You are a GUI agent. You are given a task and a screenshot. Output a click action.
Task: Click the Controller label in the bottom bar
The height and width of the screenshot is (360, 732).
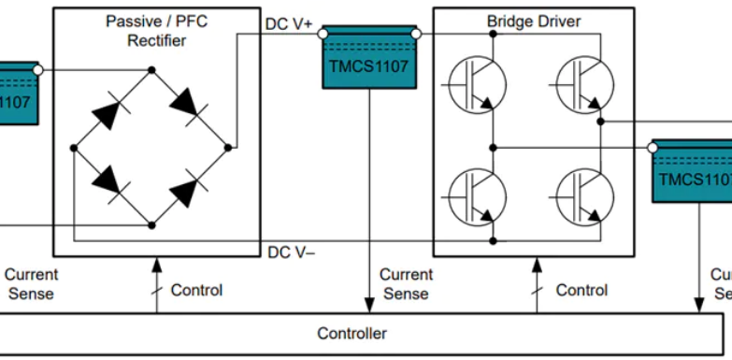point(352,334)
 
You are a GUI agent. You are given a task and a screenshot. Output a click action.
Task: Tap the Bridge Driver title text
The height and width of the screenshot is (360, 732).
point(533,21)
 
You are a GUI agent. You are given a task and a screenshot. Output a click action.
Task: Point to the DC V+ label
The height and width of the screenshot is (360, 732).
point(290,24)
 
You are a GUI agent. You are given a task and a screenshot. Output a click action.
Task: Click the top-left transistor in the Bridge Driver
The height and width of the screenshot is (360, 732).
point(478,83)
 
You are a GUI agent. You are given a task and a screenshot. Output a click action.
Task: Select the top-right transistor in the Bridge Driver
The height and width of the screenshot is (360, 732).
point(584,83)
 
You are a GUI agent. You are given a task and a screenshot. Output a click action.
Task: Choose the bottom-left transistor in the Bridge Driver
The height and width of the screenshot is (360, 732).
point(478,197)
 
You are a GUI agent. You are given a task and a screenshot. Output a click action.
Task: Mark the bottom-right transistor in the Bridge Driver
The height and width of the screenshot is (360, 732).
point(584,197)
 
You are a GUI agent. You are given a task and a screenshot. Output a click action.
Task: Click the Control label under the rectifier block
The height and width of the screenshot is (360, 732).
point(196,290)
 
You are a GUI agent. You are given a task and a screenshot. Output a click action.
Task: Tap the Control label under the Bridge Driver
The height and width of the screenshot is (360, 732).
point(581,290)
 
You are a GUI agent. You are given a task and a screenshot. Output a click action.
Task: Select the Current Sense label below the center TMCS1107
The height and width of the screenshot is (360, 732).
point(406,283)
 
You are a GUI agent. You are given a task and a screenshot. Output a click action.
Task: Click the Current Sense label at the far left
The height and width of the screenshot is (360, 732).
point(31,283)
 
